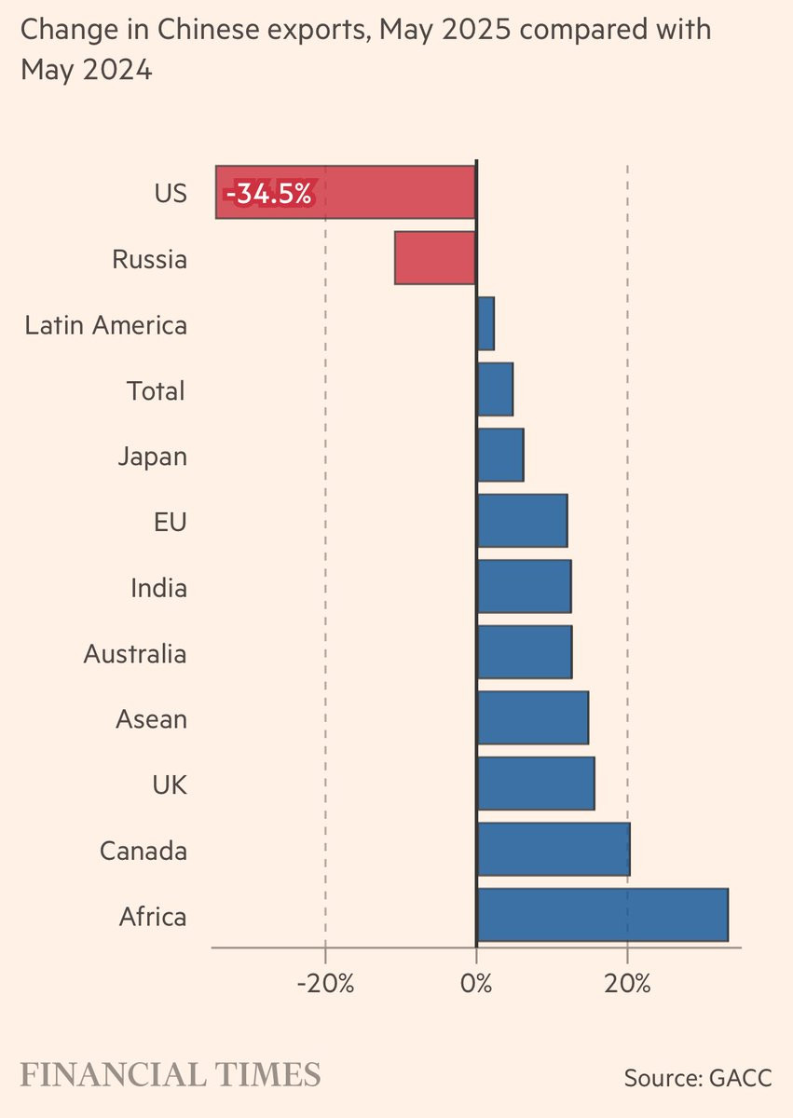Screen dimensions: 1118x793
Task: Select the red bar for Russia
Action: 434,258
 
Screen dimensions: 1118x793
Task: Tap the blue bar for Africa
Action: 602,916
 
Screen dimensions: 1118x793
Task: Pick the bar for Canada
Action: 554,850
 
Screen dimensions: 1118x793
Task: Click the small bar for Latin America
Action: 485,324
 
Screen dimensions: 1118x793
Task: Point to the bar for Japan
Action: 500,456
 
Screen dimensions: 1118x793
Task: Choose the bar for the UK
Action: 536,784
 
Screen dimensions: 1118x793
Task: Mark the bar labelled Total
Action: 495,389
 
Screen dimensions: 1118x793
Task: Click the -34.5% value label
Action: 268,193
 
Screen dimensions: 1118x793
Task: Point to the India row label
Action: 158,588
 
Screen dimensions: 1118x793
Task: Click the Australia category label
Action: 135,654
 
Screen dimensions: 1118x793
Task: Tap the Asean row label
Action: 151,719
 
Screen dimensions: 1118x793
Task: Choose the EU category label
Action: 171,522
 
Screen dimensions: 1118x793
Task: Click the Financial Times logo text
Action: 171,1074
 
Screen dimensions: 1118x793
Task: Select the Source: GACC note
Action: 698,1078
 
